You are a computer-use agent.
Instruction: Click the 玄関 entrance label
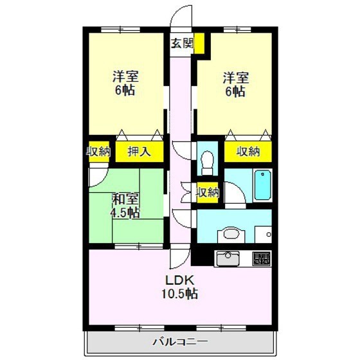coord(182,44)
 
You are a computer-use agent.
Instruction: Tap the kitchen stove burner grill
coord(262,258)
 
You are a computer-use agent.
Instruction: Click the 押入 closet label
coord(139,152)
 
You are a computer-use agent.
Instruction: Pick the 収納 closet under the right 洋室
coord(248,152)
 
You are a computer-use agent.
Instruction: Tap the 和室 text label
coord(124,199)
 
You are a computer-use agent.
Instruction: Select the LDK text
coord(179,280)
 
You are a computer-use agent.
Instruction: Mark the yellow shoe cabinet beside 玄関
coord(201,44)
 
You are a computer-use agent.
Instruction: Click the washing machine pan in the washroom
coord(262,233)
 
